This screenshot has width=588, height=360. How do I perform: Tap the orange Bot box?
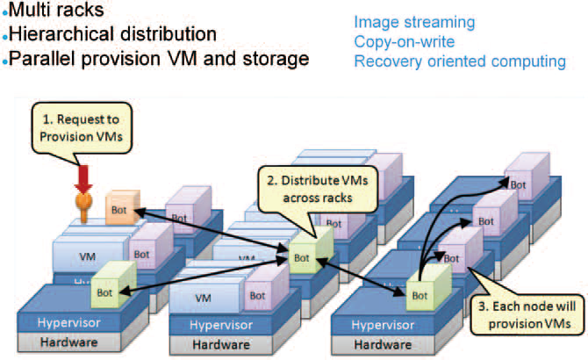[120, 209]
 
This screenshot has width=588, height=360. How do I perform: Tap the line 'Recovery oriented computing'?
[460, 61]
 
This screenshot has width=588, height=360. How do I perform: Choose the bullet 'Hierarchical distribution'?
[112, 35]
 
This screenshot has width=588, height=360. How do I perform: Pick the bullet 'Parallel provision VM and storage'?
[157, 60]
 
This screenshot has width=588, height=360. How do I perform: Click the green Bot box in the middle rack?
[302, 257]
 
